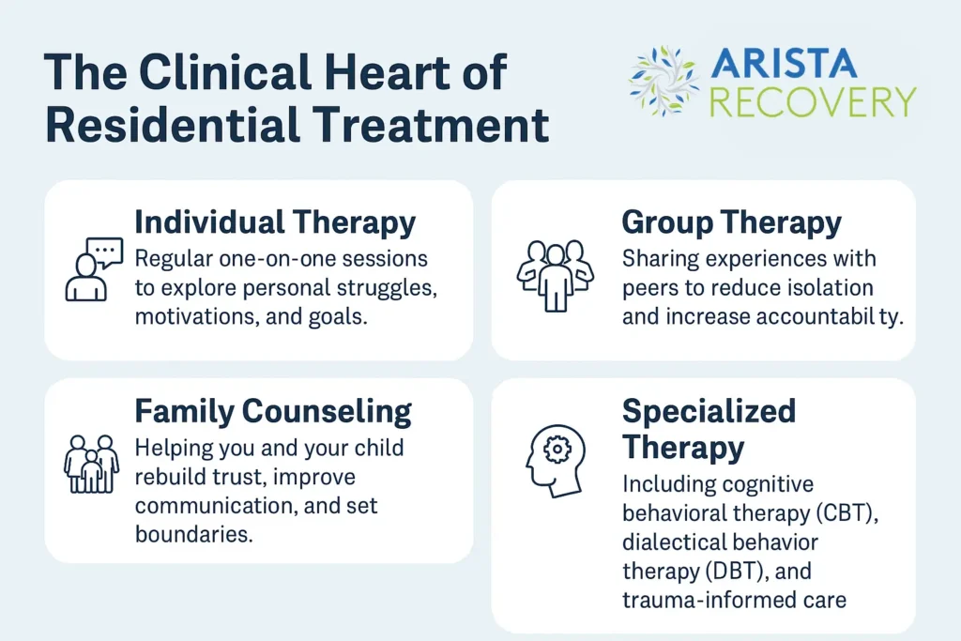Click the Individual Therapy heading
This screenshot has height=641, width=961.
[275, 223]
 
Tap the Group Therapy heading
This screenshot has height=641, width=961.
[731, 223]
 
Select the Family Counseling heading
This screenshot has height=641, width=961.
[273, 412]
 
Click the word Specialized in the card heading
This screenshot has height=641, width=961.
[709, 411]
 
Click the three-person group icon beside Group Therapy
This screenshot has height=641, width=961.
[556, 273]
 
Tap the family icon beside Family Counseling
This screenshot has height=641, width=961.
[91, 463]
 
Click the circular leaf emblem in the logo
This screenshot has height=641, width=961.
[664, 81]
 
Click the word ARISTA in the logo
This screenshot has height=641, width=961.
[784, 64]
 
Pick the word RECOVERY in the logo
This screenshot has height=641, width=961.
[813, 100]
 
